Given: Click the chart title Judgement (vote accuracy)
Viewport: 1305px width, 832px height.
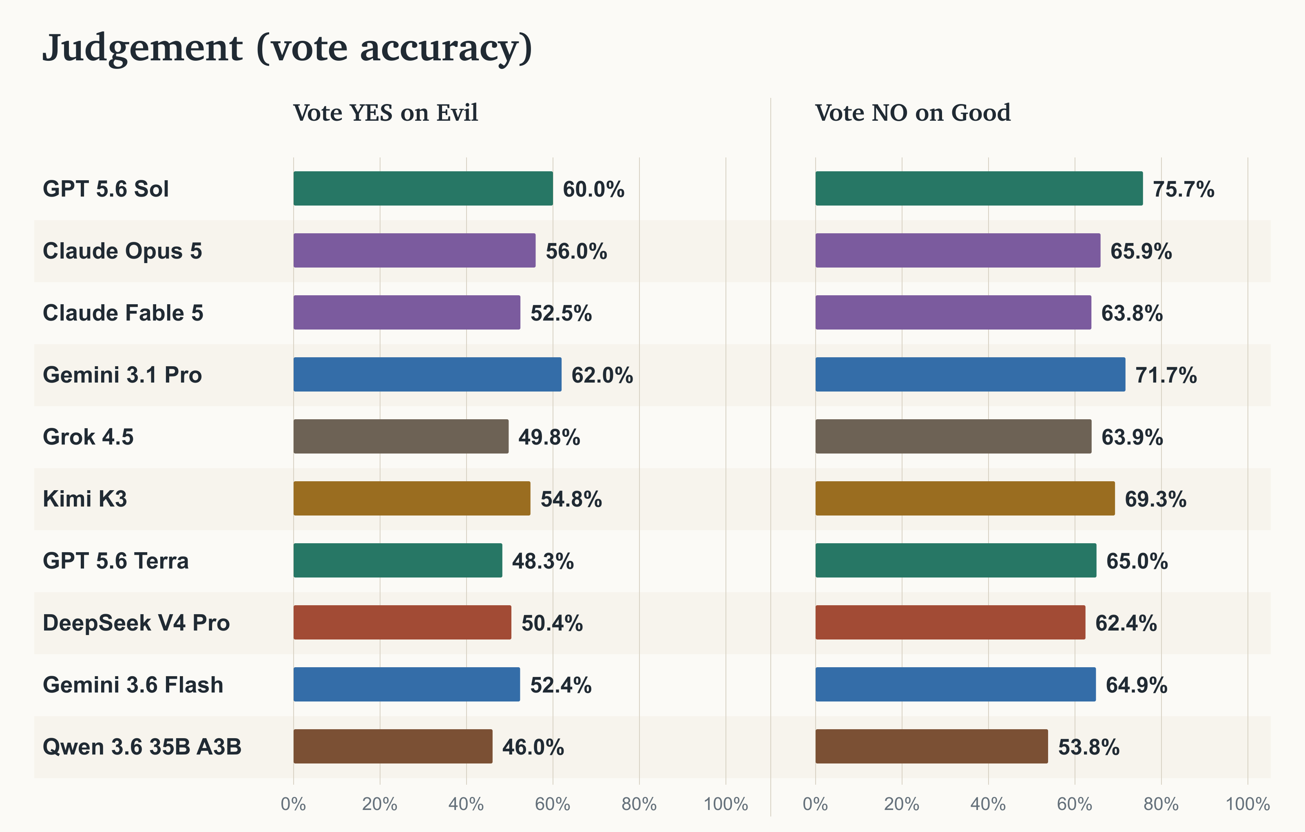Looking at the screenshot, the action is click(287, 49).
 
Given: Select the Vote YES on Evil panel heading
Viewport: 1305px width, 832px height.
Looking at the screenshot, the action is click(385, 113).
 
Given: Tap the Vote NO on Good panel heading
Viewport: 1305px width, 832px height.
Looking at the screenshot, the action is click(913, 113).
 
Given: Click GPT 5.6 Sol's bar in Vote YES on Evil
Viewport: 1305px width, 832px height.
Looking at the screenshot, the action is click(423, 188).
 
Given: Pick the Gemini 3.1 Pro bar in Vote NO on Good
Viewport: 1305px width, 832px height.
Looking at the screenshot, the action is click(970, 374).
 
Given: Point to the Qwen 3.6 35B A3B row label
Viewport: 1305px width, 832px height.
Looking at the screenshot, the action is click(142, 747).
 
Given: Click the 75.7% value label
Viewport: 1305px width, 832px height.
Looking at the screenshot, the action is click(1183, 189).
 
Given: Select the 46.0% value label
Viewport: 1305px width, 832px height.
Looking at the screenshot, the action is click(533, 747).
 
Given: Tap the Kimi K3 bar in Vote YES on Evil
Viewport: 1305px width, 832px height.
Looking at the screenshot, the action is click(412, 498).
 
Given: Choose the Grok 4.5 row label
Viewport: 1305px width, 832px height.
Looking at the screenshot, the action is click(88, 437).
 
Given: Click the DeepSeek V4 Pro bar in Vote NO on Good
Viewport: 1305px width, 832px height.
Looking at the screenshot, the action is click(951, 622).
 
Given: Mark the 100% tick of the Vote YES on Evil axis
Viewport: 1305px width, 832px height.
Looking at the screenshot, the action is click(725, 804).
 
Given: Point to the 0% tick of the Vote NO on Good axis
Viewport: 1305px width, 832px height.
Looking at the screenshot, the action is click(815, 804).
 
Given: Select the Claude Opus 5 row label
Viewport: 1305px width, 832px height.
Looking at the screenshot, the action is click(122, 251).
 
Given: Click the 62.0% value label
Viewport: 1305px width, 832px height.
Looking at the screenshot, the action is click(602, 375).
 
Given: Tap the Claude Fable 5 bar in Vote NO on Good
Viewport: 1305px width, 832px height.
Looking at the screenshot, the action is click(953, 312).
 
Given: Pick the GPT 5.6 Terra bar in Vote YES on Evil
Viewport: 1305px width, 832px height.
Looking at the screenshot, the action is click(398, 560).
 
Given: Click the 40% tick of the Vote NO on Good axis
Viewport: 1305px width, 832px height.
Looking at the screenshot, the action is click(988, 804).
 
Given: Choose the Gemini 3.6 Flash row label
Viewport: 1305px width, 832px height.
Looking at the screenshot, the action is click(133, 685).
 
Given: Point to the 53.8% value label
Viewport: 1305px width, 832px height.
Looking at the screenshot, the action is click(1089, 747).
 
